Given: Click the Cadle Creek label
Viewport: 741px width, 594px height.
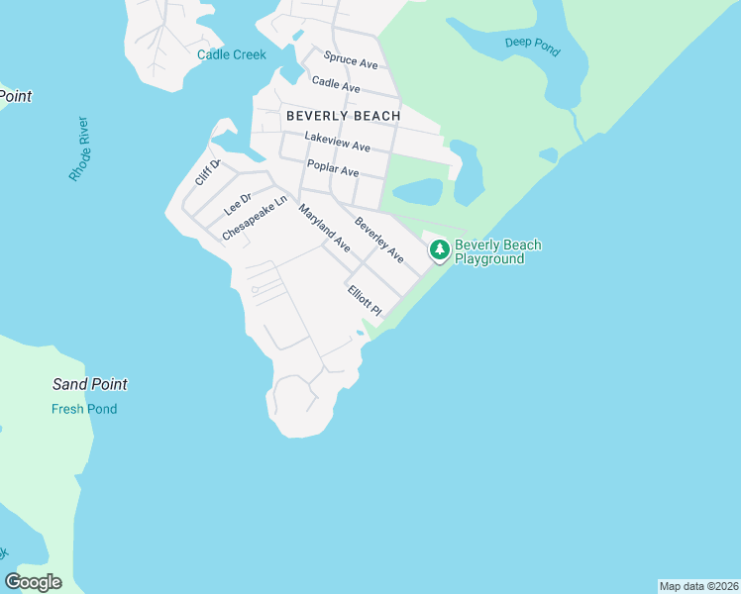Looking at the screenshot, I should (x=232, y=54).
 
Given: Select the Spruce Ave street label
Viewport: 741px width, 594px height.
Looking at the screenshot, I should (x=351, y=61).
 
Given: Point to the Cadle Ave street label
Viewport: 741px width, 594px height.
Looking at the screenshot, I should (x=336, y=85).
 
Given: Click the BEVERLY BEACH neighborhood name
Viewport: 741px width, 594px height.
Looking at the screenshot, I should (x=344, y=116).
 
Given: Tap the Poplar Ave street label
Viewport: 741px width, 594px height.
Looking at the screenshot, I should (x=333, y=168).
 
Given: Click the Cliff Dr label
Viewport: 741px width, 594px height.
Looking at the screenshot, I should (x=207, y=172).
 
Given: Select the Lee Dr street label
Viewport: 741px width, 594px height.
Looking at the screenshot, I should (x=239, y=203).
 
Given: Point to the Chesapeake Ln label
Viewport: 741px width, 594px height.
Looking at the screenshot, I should (x=255, y=217).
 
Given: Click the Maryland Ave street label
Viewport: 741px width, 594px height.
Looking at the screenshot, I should (x=325, y=228).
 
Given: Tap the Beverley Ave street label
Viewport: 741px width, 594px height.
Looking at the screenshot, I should (x=379, y=240).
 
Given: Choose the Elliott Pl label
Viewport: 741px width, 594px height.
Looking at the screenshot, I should (x=364, y=301).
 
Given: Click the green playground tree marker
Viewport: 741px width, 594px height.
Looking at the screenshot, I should (x=439, y=250).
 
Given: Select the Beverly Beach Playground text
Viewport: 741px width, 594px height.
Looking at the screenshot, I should (x=497, y=251).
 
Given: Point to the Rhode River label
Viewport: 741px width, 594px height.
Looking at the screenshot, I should (x=79, y=148).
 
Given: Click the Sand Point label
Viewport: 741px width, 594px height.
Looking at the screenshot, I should (x=89, y=384).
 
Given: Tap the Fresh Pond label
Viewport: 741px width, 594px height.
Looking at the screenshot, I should (x=84, y=409).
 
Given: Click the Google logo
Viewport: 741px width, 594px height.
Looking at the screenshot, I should (x=34, y=581).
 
